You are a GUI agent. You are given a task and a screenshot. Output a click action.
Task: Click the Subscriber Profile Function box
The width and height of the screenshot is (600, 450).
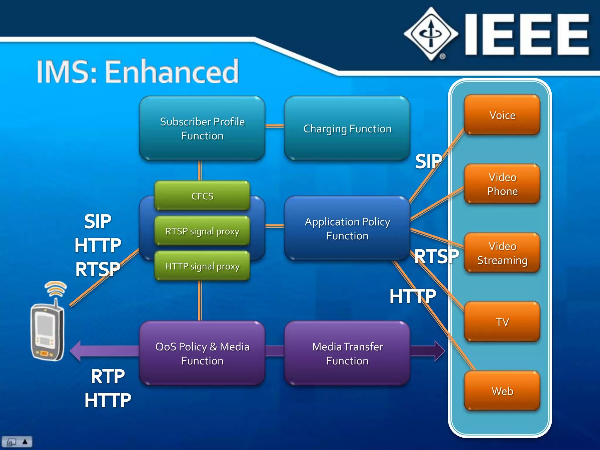[202, 128]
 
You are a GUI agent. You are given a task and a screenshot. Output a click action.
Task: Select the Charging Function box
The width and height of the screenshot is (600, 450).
[347, 128]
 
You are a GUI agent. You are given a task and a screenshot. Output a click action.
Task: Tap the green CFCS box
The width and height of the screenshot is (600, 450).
[202, 196]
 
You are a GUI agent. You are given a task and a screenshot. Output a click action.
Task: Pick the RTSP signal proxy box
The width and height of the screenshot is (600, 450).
[202, 231]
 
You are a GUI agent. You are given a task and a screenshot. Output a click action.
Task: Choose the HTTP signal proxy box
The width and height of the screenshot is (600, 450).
[202, 266]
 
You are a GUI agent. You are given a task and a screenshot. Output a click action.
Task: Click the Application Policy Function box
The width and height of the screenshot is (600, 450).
[347, 229]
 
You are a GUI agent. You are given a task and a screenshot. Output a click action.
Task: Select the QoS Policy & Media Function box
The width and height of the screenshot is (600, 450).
[202, 353]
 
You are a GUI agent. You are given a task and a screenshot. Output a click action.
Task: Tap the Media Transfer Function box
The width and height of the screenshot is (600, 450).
[347, 353]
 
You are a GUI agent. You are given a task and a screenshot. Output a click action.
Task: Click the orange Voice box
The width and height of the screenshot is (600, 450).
[502, 115]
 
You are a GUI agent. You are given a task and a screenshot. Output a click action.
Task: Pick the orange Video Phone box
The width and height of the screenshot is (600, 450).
[502, 184]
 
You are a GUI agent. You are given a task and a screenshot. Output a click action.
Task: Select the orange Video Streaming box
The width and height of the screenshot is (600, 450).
[502, 253]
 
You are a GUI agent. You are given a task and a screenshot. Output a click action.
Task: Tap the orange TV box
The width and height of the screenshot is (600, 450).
[502, 322]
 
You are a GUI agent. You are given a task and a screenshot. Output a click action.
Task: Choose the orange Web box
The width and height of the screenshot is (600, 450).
[502, 391]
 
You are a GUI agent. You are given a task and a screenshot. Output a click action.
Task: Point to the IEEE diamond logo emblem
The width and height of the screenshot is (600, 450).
[431, 34]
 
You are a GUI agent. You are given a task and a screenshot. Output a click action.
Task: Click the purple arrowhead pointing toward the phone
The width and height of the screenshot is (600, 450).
[76, 351]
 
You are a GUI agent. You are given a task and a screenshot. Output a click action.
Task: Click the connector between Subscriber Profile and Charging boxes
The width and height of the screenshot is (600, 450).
[275, 126]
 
